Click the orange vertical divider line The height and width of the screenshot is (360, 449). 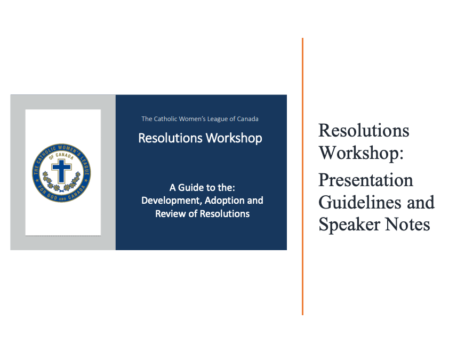[x=302, y=176]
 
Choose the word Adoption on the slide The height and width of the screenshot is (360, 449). [x=229, y=201]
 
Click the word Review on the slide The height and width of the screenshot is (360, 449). [x=169, y=214]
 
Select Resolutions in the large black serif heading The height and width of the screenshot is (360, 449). [x=364, y=131]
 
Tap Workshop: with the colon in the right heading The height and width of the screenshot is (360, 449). [x=360, y=154]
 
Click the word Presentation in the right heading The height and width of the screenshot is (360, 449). [x=365, y=180]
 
